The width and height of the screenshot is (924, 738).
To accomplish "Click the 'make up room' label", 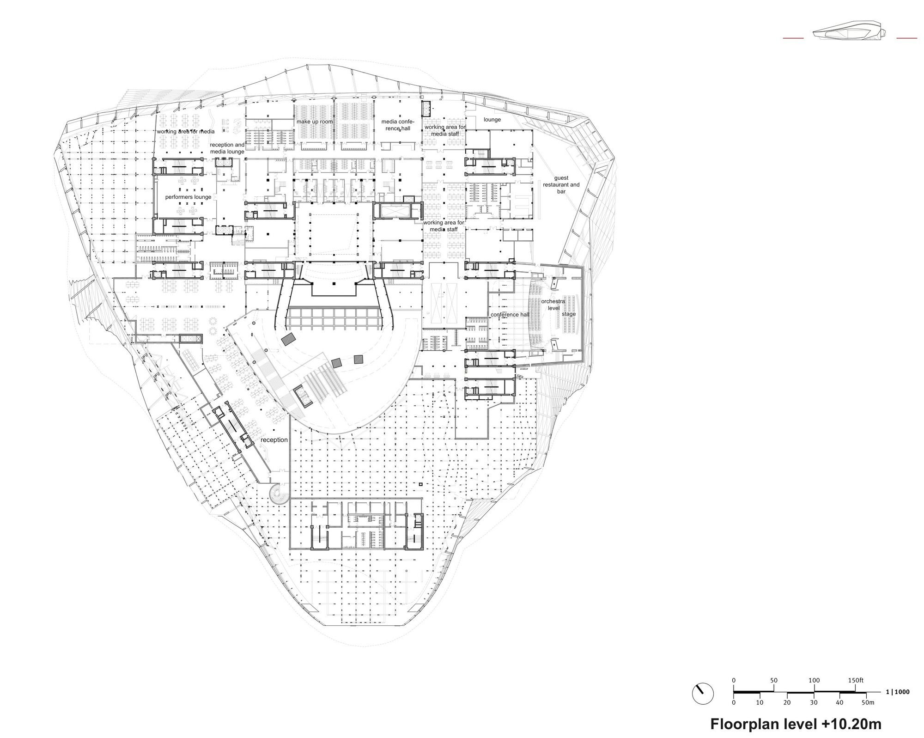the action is (315, 122).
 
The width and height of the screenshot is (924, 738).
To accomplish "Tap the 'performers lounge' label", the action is (188, 197).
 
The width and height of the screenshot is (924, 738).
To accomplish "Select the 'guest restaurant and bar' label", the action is (561, 184).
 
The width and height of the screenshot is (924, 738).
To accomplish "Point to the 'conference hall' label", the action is (510, 315).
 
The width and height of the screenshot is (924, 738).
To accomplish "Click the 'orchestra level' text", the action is (553, 305).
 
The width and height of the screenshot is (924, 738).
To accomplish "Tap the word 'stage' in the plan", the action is (569, 314).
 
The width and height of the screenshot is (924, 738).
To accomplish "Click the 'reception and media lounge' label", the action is (227, 148).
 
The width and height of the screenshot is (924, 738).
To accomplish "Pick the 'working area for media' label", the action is (185, 131).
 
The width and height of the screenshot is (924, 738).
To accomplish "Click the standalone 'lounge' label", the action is (492, 119).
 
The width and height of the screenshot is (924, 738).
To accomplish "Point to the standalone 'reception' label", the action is (274, 440).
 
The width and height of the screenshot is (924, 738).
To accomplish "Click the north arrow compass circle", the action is (703, 694).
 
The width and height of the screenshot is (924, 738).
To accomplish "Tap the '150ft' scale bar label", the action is (856, 680).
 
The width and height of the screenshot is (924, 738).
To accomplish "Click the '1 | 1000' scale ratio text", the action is (898, 692).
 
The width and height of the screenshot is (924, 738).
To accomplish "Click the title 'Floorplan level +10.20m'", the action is (796, 724).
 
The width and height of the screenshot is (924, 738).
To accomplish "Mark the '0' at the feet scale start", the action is (734, 680).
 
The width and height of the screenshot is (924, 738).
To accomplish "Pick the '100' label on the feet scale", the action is (814, 680).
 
